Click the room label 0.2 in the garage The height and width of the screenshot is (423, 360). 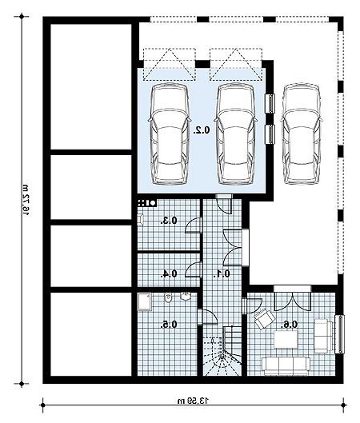pos(202,130)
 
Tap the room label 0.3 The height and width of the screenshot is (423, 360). pos(169,221)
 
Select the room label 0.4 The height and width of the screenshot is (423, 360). pos(169,273)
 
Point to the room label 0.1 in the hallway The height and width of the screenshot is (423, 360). pos(222,273)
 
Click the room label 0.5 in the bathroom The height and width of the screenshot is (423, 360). pos(169,325)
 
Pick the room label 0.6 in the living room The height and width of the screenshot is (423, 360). pos(289,325)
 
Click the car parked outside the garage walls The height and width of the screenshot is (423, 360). pos(302,134)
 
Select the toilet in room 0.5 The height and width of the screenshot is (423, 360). pos(168,297)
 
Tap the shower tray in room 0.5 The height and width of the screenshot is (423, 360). pos(144,302)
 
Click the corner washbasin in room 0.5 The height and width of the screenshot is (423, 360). pos(186,297)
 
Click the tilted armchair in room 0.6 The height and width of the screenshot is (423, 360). pos(264,319)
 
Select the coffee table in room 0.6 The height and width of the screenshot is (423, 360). pos(286,339)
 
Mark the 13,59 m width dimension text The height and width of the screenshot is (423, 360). pos(194,401)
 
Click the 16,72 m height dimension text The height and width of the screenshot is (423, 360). pos(26,201)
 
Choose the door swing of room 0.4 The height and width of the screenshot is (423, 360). pos(194,269)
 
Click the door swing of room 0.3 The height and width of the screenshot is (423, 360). pos(194,225)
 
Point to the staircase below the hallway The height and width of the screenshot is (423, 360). pos(222,351)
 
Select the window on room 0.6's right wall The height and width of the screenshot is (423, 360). pos(340,334)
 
